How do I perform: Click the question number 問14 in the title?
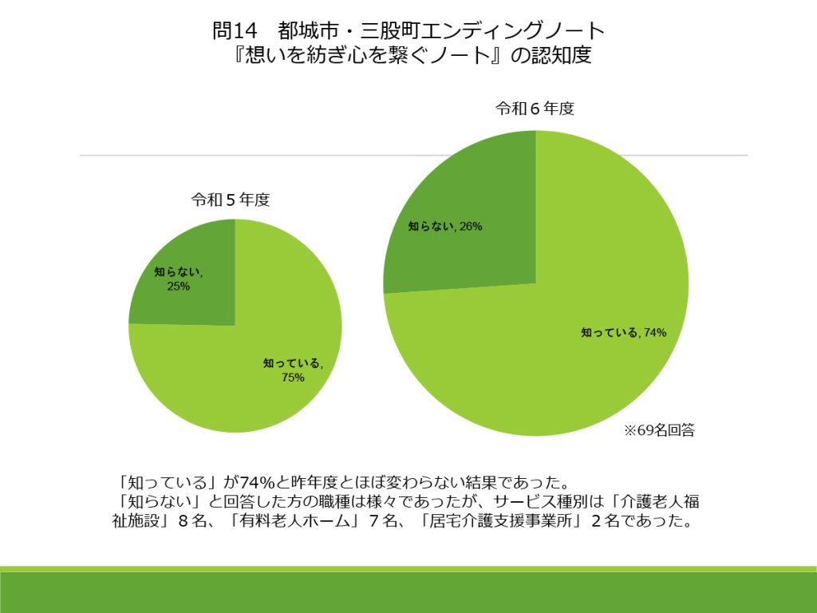(236, 31)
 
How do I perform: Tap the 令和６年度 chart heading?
(535, 109)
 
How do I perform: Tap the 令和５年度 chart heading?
(230, 200)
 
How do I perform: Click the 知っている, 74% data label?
(623, 333)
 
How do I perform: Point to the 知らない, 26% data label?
(445, 227)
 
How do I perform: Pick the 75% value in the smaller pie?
(293, 378)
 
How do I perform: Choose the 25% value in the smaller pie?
(179, 287)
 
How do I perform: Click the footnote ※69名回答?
(659, 431)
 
